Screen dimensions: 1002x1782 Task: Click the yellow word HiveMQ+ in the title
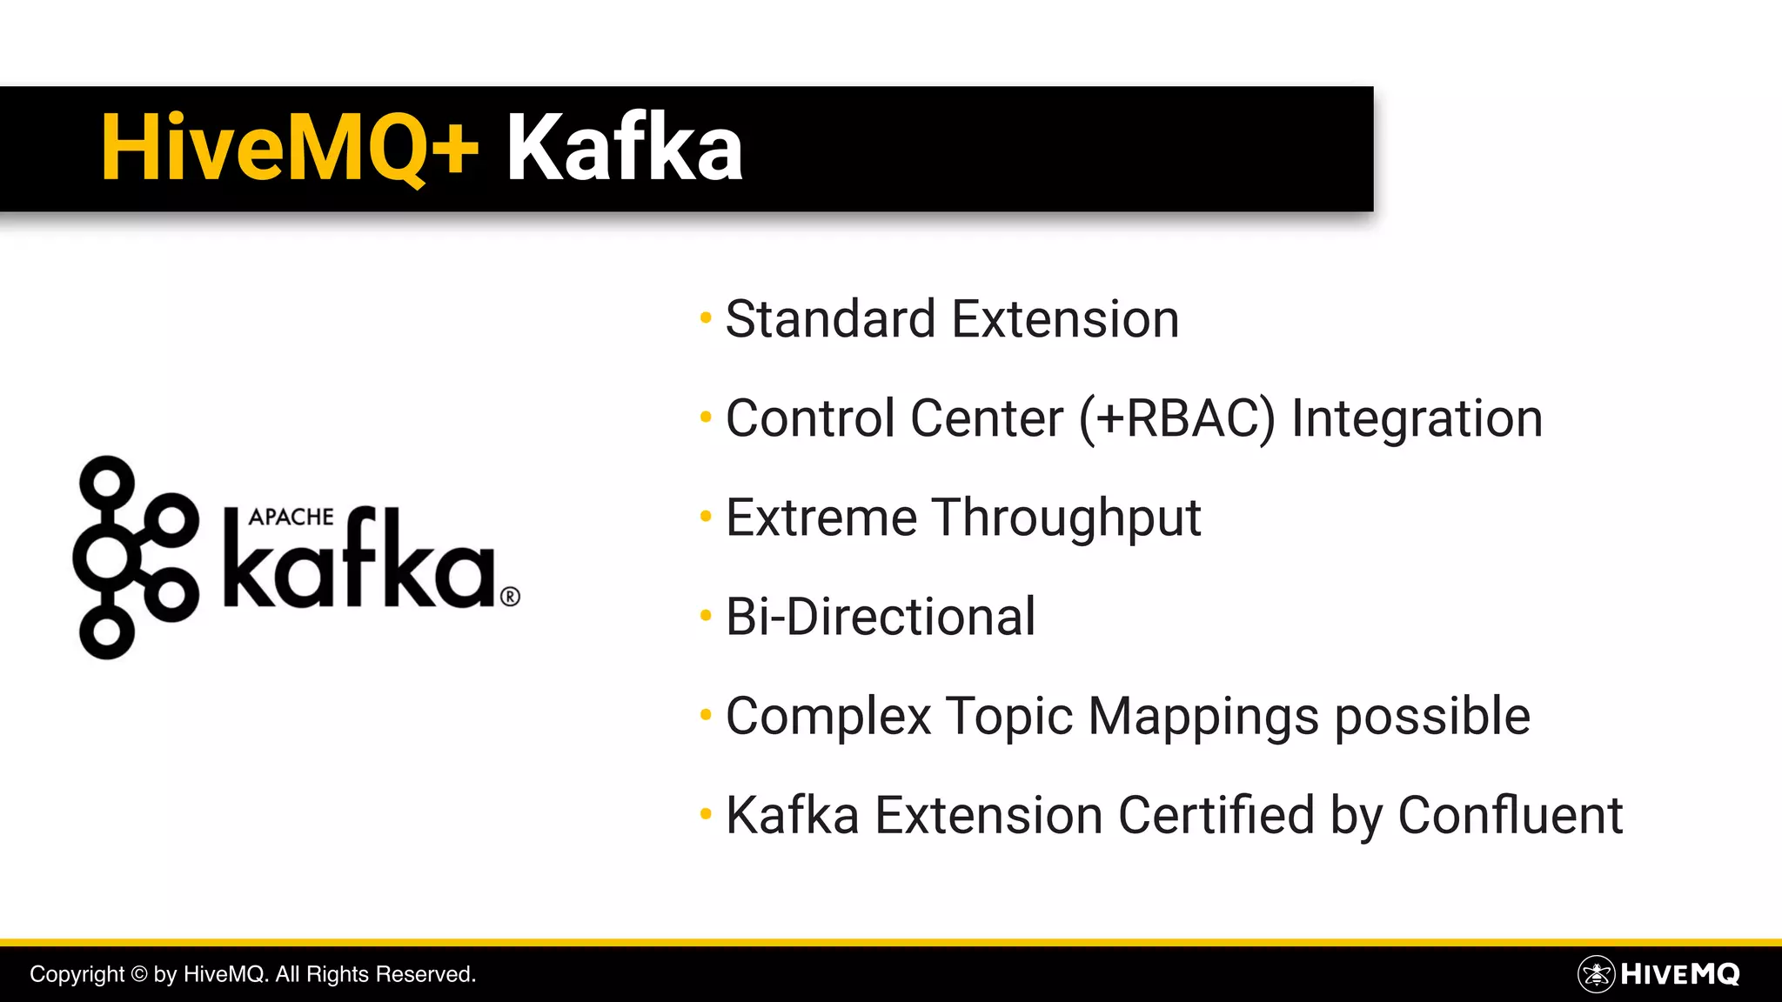pyautogui.click(x=290, y=148)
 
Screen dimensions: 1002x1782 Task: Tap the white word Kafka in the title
pyautogui.click(x=624, y=148)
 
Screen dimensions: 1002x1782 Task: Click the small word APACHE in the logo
pyautogui.click(x=291, y=517)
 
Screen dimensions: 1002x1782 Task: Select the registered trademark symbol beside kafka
pyautogui.click(x=511, y=597)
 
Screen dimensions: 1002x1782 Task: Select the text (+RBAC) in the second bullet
pyautogui.click(x=1177, y=419)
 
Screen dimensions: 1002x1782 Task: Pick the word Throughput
pyautogui.click(x=1067, y=518)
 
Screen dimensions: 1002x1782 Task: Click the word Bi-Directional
pyautogui.click(x=881, y=617)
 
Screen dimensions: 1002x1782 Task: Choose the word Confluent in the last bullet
pyautogui.click(x=1510, y=816)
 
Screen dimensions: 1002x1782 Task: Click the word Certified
pyautogui.click(x=1216, y=816)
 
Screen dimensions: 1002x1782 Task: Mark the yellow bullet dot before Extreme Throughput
pyautogui.click(x=706, y=517)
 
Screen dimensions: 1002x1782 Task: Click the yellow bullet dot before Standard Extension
pyautogui.click(x=706, y=318)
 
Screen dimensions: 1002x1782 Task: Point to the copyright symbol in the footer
pyautogui.click(x=139, y=974)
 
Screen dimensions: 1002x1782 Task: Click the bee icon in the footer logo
pyautogui.click(x=1596, y=974)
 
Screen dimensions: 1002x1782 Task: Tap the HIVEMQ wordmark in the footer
pyautogui.click(x=1679, y=974)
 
